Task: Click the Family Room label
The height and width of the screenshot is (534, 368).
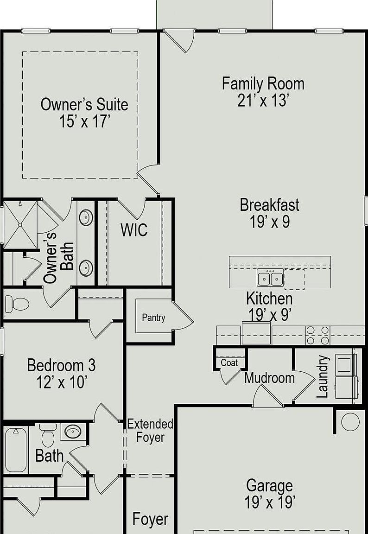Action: [263, 84]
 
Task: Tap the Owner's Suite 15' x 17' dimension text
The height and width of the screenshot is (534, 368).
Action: [84, 122]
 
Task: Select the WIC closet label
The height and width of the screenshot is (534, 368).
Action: [134, 230]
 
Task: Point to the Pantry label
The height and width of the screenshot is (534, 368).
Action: [153, 318]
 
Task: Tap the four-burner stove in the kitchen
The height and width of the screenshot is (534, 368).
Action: [317, 335]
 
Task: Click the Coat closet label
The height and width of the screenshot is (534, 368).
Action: [229, 362]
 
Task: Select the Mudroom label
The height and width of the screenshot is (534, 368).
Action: [270, 378]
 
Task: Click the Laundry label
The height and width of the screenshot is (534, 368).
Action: [322, 376]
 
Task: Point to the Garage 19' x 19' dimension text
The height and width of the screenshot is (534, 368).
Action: [270, 502]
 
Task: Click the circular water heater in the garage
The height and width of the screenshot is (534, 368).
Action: [350, 422]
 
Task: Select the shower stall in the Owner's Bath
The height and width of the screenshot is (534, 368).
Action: [20, 225]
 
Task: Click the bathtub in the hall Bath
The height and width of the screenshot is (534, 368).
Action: [16, 450]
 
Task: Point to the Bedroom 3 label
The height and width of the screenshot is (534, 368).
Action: [61, 365]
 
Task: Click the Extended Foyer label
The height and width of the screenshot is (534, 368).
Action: [150, 431]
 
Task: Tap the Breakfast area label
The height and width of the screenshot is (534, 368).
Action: [270, 205]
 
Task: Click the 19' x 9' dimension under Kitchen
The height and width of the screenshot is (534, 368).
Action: [270, 315]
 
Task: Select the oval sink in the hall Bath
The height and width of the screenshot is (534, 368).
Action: [72, 432]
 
